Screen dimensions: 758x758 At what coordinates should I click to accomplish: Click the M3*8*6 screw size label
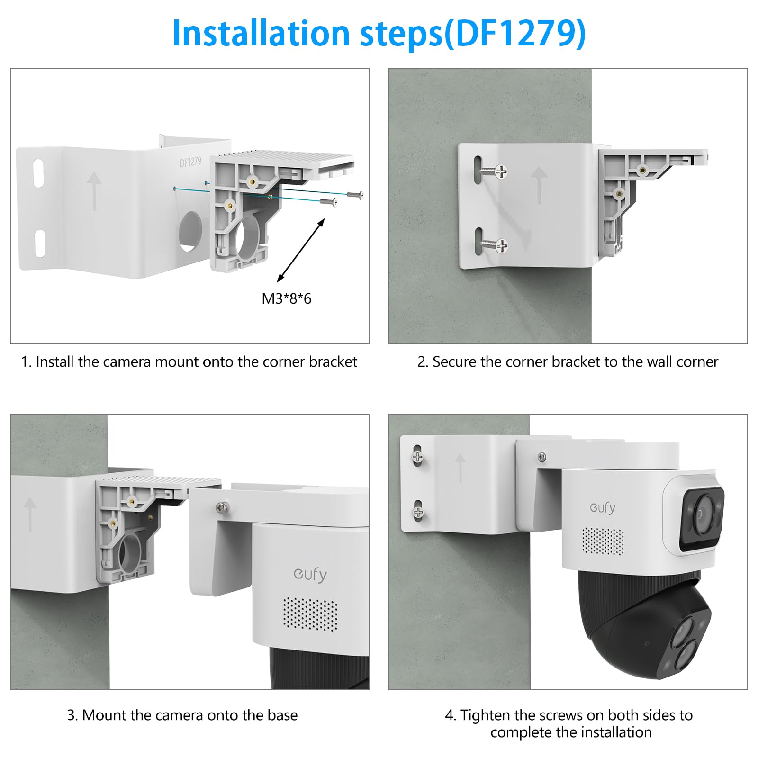[x=286, y=298]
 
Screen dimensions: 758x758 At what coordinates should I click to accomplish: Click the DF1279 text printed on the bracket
[x=190, y=162]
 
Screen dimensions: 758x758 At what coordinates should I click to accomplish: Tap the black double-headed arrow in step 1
[x=301, y=250]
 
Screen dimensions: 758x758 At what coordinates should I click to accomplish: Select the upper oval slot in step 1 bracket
[x=38, y=173]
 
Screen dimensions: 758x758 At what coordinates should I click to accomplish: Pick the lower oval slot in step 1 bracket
[x=40, y=244]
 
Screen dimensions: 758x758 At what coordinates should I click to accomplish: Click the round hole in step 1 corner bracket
[x=190, y=231]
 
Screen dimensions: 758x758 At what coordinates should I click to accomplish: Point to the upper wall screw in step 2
[x=493, y=171]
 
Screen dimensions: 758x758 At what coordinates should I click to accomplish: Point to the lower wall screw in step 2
[x=493, y=245]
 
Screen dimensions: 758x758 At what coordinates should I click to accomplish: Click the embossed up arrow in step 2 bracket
[x=539, y=185]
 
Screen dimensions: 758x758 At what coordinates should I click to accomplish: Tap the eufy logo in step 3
[x=310, y=575]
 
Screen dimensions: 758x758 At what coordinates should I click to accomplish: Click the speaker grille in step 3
[x=311, y=614]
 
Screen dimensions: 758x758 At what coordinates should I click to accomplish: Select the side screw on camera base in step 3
[x=222, y=508]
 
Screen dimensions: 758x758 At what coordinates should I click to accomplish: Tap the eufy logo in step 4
[x=603, y=508]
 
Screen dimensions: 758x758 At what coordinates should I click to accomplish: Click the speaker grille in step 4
[x=603, y=541]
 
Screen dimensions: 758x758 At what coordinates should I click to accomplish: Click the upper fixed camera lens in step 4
[x=702, y=514]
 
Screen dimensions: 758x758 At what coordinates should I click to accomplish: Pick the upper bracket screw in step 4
[x=417, y=457]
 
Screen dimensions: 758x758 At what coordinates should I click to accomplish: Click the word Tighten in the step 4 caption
[x=485, y=715]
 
